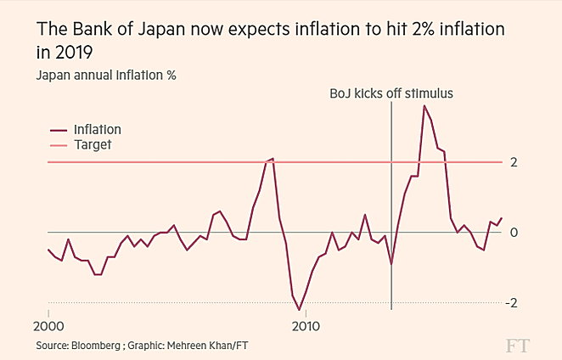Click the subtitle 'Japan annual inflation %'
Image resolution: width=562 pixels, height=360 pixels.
coord(104,75)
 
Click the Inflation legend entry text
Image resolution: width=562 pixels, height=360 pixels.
coord(98,130)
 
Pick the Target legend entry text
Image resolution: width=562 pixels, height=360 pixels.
coord(93,145)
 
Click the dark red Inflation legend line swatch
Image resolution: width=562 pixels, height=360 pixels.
coord(59,131)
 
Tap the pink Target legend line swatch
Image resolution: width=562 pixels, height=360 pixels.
coord(59,146)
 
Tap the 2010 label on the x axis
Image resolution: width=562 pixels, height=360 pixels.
coord(306,326)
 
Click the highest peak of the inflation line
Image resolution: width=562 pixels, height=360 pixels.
coord(424,105)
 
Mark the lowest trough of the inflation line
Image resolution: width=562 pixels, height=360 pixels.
coord(300,310)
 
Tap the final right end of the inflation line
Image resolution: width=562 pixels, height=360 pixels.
coord(501,218)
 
